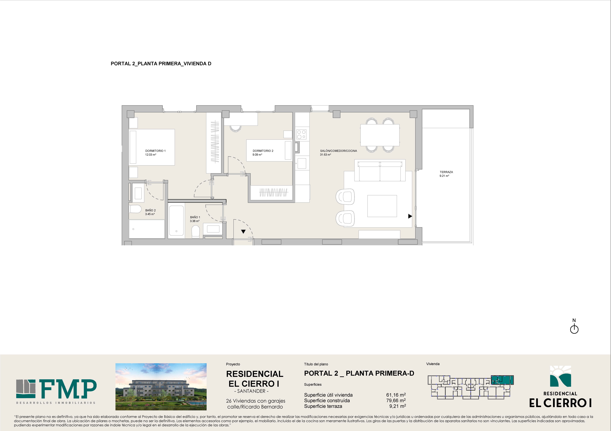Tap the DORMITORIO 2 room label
(x=263, y=151)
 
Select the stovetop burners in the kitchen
(x=301, y=134)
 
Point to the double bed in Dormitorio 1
(x=152, y=147)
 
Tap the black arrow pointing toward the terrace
(x=410, y=216)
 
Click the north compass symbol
(x=574, y=329)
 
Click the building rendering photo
(x=161, y=387)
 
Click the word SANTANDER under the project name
(x=251, y=391)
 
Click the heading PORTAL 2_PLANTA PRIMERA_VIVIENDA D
(x=161, y=64)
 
